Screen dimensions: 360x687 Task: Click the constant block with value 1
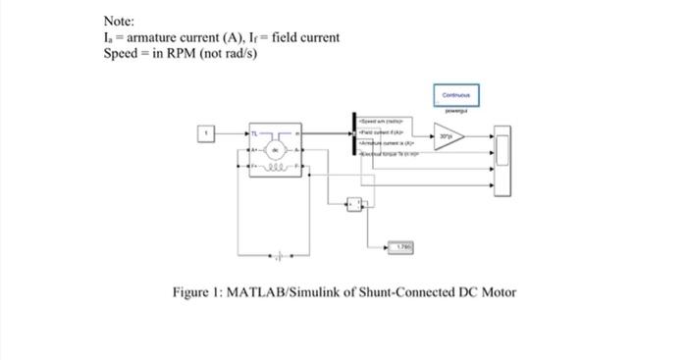(207, 132)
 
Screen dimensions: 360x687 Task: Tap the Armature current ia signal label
(391, 141)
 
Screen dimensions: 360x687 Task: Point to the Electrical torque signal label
(391, 154)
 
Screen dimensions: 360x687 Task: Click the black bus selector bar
(353, 133)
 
